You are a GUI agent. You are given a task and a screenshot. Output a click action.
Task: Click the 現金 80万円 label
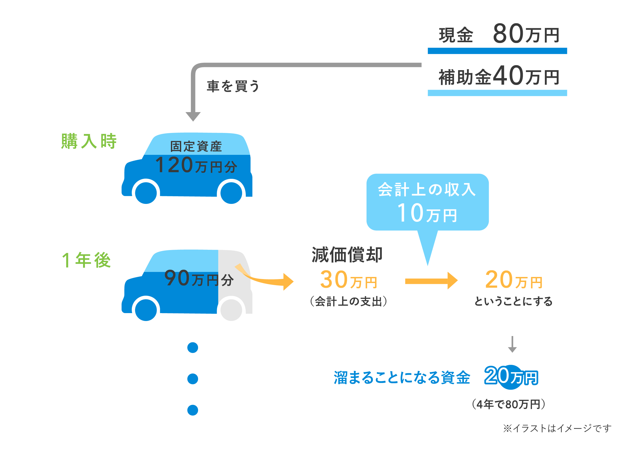[499, 34]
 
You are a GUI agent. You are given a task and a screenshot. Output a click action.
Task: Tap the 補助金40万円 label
[499, 76]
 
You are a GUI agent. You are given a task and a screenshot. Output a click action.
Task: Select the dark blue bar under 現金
[497, 51]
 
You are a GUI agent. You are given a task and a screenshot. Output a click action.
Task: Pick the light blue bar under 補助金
[497, 93]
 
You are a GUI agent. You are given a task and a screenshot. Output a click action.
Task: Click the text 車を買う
[233, 86]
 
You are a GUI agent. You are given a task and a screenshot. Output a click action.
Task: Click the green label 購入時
[89, 141]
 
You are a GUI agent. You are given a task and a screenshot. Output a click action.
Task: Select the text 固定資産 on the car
[196, 147]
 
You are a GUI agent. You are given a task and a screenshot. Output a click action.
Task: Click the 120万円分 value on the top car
[196, 165]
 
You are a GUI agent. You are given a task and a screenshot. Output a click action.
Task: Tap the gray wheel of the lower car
[231, 310]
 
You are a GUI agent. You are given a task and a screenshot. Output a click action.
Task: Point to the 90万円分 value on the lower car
[199, 279]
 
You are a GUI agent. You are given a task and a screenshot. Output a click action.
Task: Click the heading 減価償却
[347, 255]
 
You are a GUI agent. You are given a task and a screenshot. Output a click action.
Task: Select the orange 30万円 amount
[348, 280]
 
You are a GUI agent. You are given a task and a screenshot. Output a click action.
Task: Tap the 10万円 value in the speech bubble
[427, 213]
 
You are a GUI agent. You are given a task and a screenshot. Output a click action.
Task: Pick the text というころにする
[513, 301]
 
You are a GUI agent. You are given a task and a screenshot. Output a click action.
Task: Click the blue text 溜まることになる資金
[402, 377]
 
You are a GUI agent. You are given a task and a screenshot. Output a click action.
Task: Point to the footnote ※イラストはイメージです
[557, 428]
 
